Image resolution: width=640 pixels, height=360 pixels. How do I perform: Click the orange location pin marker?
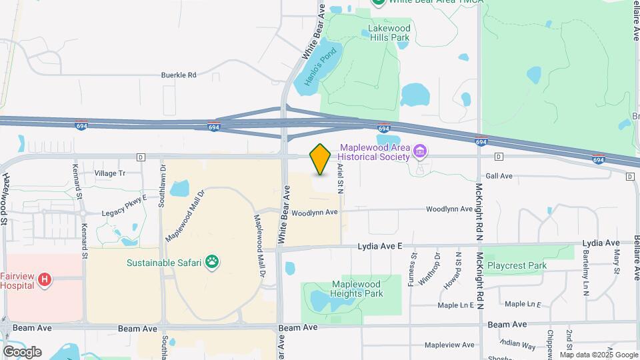coord(320,159)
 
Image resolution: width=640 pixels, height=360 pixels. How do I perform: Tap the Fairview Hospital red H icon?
coord(45,279)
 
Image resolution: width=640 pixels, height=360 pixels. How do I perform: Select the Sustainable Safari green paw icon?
coord(212,262)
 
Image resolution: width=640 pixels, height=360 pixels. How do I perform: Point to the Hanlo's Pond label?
coord(317,66)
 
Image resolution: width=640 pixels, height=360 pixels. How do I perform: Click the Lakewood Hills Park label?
coord(389,33)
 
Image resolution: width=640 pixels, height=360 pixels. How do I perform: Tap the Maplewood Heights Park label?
coord(357,289)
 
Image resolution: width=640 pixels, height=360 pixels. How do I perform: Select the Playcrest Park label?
coord(517,265)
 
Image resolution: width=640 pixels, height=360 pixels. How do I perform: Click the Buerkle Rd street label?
coord(179,75)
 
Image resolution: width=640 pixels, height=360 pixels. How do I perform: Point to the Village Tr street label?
coord(109,173)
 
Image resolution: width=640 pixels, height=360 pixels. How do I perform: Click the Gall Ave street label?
coord(499,176)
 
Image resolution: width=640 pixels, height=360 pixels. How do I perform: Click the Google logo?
coord(22,351)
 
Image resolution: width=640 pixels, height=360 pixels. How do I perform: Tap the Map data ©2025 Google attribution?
coord(599,355)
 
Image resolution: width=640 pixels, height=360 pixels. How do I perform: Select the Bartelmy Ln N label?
coord(586,275)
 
